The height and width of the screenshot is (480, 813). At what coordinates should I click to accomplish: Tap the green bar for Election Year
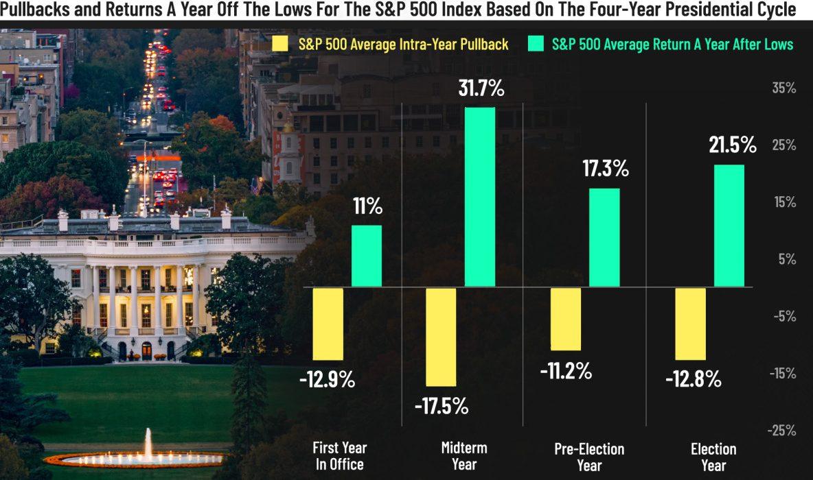pyautogui.click(x=729, y=226)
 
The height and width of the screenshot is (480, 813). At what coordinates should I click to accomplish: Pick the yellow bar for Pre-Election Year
pyautogui.click(x=565, y=319)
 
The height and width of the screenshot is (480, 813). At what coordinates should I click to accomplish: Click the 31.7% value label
pyautogui.click(x=479, y=89)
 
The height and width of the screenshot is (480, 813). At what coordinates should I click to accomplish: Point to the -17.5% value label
pyautogui.click(x=441, y=405)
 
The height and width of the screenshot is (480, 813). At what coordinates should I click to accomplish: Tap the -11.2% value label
pyautogui.click(x=565, y=370)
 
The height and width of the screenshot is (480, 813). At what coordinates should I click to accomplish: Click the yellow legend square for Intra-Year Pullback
pyautogui.click(x=280, y=45)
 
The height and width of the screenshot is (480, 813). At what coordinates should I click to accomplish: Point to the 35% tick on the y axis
pyautogui.click(x=782, y=88)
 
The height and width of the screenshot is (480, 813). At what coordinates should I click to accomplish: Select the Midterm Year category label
pyautogui.click(x=464, y=456)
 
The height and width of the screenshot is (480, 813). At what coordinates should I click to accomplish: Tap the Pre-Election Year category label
pyautogui.click(x=588, y=457)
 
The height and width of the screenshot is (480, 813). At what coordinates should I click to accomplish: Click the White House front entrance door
pyautogui.click(x=146, y=350)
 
